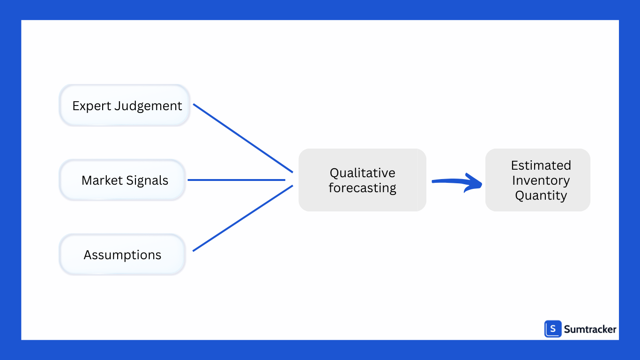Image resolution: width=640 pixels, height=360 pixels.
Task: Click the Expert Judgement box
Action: click(x=125, y=105)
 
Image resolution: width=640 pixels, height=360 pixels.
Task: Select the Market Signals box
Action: click(x=123, y=180)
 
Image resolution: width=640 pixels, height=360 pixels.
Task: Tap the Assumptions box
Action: click(x=122, y=255)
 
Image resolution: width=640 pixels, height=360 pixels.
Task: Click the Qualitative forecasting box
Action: click(x=362, y=180)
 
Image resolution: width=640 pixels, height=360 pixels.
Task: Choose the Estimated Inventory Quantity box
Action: click(x=537, y=180)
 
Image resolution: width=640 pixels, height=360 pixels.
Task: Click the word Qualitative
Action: click(x=362, y=173)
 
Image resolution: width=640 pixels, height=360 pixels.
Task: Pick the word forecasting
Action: click(x=362, y=188)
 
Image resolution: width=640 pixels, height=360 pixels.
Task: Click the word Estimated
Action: click(x=541, y=165)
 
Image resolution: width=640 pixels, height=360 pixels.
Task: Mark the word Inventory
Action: click(x=541, y=180)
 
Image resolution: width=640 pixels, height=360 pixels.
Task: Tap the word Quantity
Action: click(x=541, y=195)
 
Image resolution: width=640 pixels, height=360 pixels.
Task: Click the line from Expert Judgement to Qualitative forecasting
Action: click(x=243, y=138)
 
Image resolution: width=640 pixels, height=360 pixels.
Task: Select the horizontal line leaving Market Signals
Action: click(x=236, y=180)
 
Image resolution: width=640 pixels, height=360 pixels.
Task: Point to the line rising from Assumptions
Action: click(x=243, y=218)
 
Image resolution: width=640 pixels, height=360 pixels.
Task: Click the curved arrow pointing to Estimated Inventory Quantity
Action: click(x=457, y=182)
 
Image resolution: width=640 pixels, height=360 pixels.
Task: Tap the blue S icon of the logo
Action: click(x=553, y=329)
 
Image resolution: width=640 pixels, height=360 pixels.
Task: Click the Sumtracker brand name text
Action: click(x=590, y=330)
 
